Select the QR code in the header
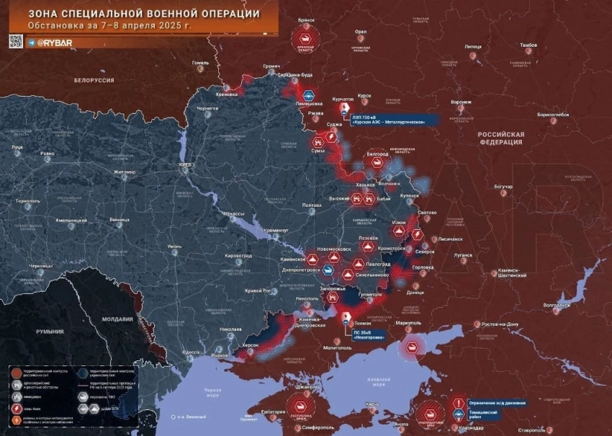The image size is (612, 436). pos(17,43)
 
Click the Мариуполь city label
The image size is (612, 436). pos(408,323)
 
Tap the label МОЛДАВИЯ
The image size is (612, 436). pos(117,319)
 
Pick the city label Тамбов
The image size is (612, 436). pos(528,45)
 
